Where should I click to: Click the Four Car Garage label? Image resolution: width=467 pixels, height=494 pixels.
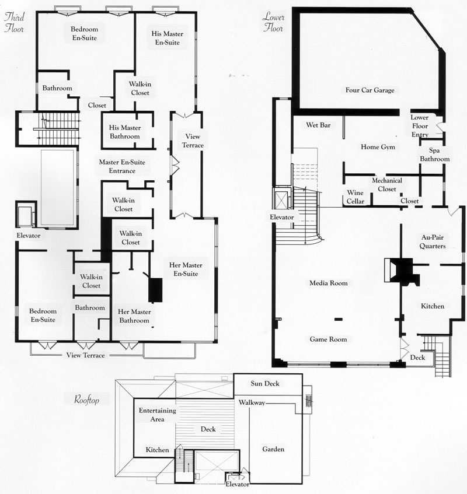[x=370, y=90]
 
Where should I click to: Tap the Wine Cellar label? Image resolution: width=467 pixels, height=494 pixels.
[x=356, y=197]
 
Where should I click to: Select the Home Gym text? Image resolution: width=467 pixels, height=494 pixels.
[x=378, y=147]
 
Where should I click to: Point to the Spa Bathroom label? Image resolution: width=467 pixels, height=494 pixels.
[x=435, y=155]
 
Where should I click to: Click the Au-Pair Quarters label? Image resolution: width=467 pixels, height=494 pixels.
[x=433, y=241]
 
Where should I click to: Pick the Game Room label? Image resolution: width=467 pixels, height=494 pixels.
[x=328, y=339]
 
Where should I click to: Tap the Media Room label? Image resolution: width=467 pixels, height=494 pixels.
[x=329, y=283]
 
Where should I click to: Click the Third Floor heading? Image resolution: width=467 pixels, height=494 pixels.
[x=14, y=22]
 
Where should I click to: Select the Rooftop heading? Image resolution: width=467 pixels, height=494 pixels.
[x=87, y=400]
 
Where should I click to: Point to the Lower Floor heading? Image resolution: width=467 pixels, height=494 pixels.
[x=273, y=22]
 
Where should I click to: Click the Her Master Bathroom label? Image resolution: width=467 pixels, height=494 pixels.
[x=134, y=316]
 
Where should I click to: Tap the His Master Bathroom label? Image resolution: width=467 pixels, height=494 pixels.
[x=124, y=132]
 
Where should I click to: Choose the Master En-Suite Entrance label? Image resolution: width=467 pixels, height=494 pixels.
[x=122, y=166]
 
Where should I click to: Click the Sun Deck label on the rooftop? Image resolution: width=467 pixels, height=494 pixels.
[x=265, y=383]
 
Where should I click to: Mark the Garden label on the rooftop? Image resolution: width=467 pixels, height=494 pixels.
[x=273, y=449]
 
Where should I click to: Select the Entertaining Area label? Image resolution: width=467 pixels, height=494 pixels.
[x=158, y=415]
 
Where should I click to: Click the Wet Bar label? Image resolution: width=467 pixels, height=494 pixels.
[x=318, y=125]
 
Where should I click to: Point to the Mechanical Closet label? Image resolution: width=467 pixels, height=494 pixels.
[x=387, y=185]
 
